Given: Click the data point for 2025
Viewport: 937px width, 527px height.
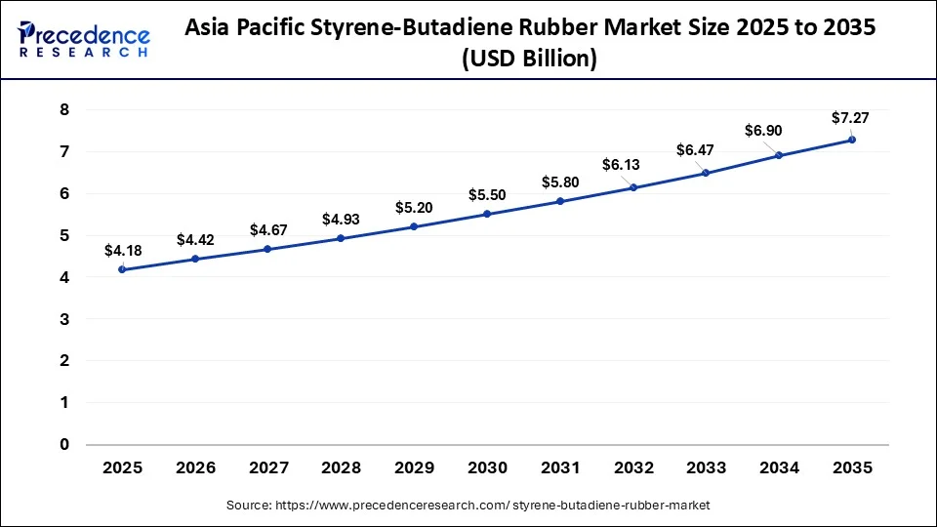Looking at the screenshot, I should pos(122,269).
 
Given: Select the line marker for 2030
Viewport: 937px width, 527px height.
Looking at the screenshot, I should pos(487,214).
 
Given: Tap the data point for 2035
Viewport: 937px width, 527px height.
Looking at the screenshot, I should pos(852,140).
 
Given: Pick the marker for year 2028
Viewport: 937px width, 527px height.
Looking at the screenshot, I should pos(341,238).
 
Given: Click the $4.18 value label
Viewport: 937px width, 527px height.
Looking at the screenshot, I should pos(122,251).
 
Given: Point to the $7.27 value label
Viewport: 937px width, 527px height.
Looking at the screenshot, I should pos(850,118).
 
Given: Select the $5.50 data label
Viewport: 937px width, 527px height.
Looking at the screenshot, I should pos(487,195).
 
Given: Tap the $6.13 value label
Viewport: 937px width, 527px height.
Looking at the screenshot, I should pos(632,166).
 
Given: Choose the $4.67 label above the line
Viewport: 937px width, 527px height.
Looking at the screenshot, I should pos(267,230).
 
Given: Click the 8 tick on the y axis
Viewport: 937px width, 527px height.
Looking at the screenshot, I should pos(64,110).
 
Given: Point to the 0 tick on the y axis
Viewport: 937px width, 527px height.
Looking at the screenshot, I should pos(64,444).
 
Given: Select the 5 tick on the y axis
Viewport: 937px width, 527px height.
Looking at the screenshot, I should pos(64,235).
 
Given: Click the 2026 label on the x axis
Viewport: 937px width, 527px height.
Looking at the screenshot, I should pos(195,468).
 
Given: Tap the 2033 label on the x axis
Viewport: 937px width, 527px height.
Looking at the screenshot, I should pos(706,468).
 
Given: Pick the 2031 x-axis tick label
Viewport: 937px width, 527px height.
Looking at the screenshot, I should pos(560,468).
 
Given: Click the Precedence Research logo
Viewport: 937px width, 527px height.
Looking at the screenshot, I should pos(84,39).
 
